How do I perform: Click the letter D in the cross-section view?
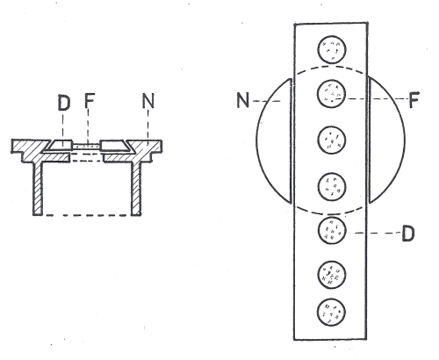(64, 103)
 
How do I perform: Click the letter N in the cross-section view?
(148, 101)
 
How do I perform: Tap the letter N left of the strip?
(243, 100)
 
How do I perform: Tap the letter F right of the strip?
(414, 99)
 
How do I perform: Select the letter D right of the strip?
(408, 234)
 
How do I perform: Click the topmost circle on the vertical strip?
(332, 50)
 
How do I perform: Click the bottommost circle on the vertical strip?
(331, 312)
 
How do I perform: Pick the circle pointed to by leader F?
(332, 94)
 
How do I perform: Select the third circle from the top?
(332, 140)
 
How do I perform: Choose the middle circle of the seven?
(332, 186)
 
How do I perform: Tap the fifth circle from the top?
(332, 230)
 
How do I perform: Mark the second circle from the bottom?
(332, 274)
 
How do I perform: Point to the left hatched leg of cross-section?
(38, 188)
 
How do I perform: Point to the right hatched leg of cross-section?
(136, 188)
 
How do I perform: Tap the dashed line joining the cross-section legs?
(87, 215)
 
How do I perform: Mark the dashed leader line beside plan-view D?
(378, 234)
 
